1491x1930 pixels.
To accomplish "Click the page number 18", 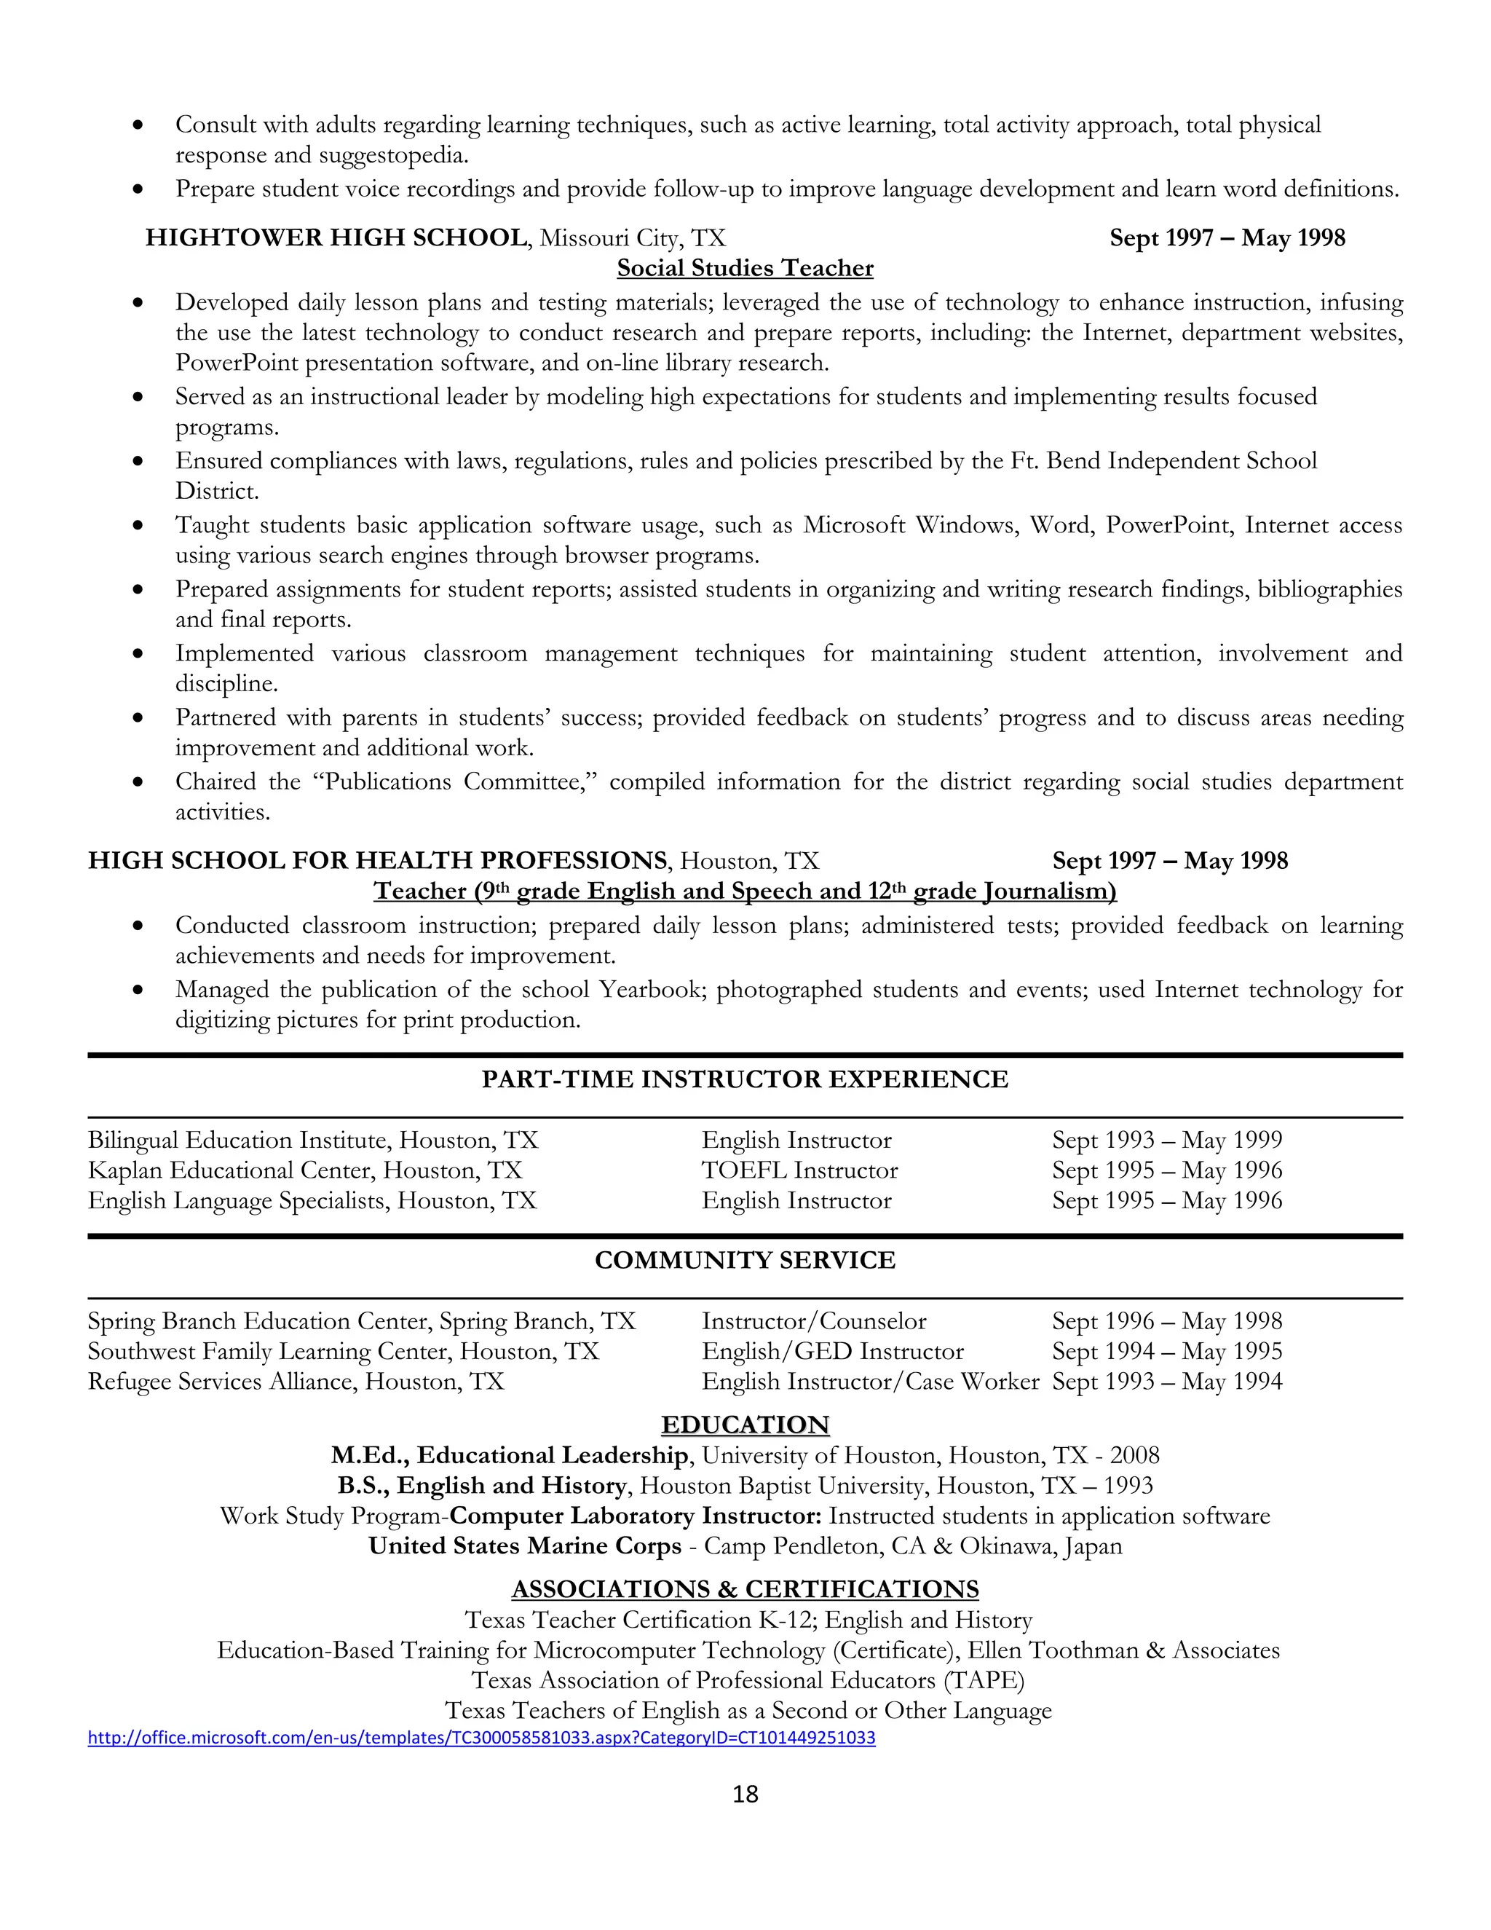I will coord(745,1793).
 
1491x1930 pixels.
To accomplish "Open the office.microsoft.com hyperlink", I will coord(481,1737).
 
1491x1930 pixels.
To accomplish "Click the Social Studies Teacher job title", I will coord(745,268).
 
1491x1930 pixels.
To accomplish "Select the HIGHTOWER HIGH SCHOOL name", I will coord(336,237).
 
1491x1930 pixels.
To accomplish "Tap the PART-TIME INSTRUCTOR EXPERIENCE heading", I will coord(745,1079).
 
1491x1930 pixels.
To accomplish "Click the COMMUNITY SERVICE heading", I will coord(745,1260).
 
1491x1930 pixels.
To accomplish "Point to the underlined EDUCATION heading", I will coord(745,1425).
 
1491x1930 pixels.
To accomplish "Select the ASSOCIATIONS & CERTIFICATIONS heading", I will coord(745,1589).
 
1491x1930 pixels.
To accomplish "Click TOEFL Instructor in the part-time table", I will coord(799,1170).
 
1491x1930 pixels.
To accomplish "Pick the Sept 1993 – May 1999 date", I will coord(1166,1140).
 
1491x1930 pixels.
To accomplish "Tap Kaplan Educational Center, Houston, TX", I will coord(305,1170).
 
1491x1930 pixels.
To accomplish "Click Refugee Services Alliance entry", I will coord(295,1381).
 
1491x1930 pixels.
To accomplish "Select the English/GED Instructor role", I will coord(832,1351).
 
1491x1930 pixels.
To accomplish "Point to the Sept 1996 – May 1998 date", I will coord(1166,1321).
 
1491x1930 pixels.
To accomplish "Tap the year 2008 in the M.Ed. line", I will coord(1134,1455).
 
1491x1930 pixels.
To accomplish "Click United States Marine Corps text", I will coord(525,1545).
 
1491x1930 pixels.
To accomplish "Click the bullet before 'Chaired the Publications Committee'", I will coord(138,782).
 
